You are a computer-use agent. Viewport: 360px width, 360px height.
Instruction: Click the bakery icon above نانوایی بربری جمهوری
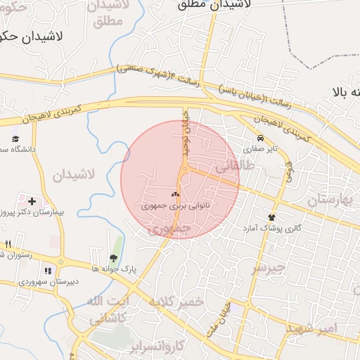coord(175,194)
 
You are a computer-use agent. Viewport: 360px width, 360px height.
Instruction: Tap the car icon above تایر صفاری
coord(261,139)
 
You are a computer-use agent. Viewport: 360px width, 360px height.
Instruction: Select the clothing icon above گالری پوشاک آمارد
coord(271,217)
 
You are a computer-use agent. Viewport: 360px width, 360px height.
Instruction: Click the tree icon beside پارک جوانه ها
coord(113,258)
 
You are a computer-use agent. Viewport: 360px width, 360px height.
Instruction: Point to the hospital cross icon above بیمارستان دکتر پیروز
coord(32,200)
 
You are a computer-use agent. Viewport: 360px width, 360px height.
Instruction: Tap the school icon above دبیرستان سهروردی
coord(48,271)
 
